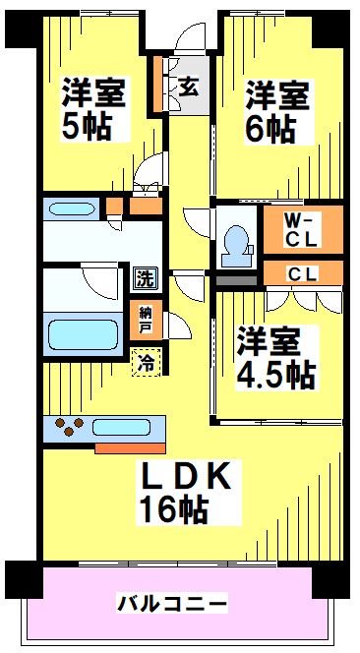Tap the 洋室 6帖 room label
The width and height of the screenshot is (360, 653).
tap(278, 110)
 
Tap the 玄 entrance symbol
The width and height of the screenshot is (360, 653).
tap(188, 86)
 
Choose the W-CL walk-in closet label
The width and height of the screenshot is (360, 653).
tap(302, 229)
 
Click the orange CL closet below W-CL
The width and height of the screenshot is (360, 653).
tap(302, 273)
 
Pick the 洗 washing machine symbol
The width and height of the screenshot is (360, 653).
tap(145, 277)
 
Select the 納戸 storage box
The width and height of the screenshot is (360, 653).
tap(146, 318)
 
